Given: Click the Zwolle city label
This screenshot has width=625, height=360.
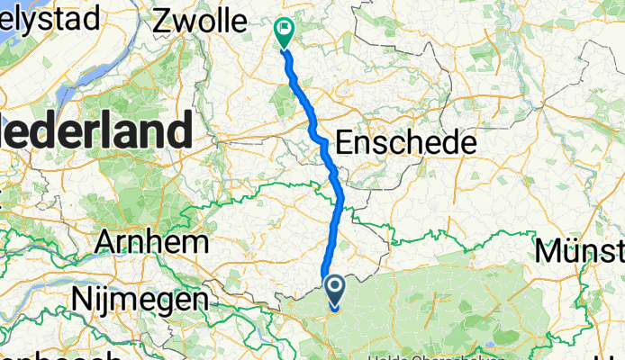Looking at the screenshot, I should point(201,19).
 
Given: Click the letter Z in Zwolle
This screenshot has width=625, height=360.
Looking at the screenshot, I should point(163,19).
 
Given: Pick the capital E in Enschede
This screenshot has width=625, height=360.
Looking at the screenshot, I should point(345,141).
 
